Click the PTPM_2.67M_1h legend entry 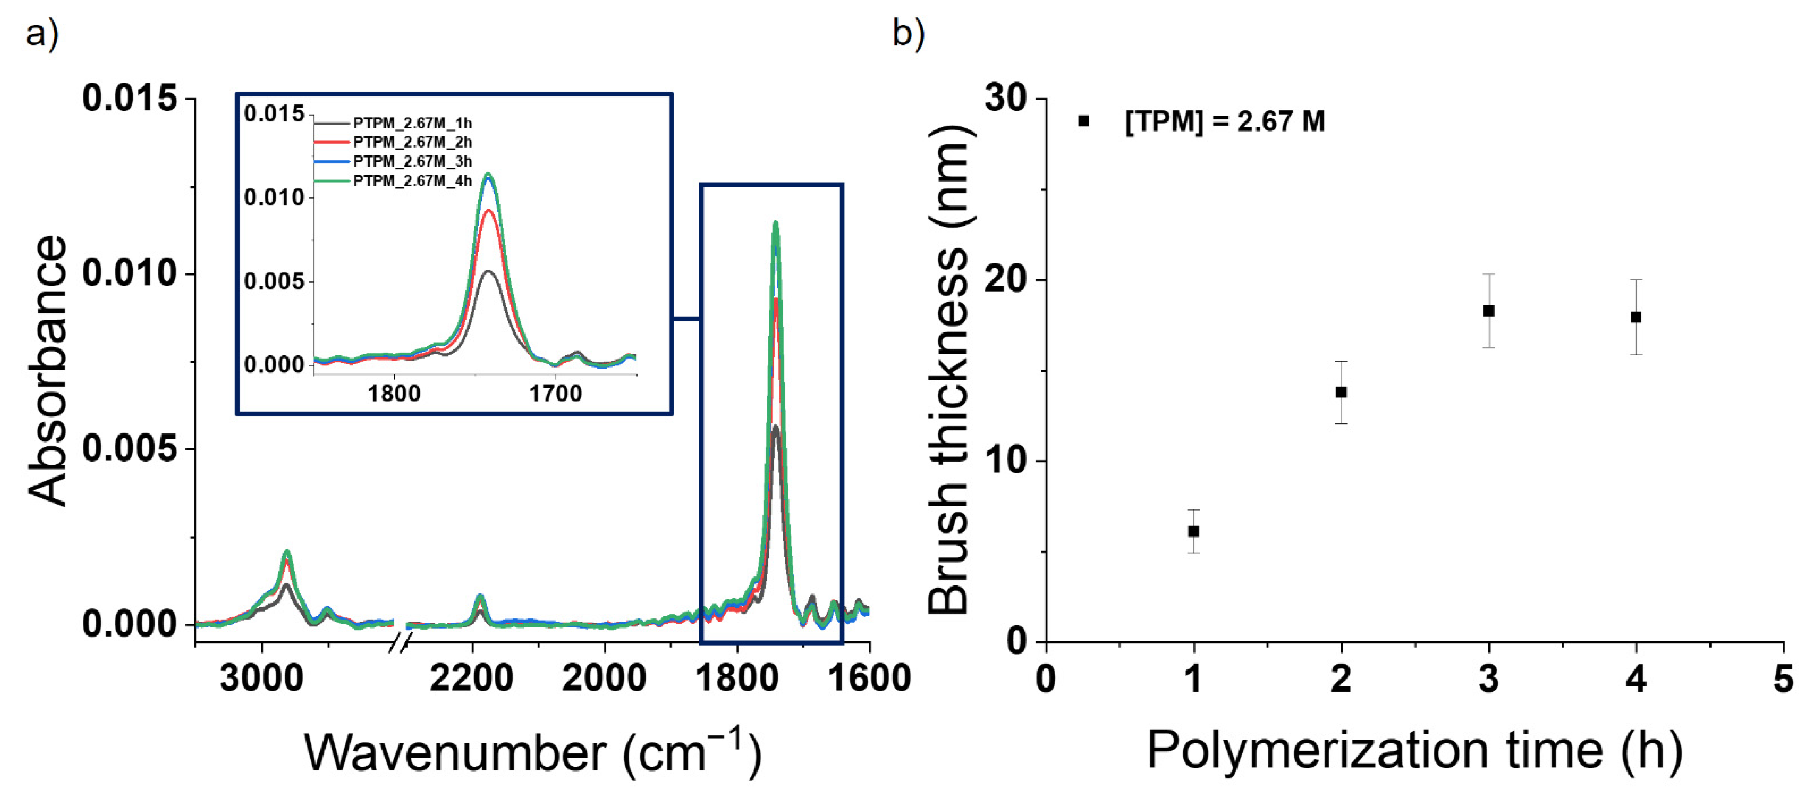click(412, 123)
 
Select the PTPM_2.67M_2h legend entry click(412, 142)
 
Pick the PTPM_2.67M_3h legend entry click(412, 162)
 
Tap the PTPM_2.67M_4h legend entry click(412, 181)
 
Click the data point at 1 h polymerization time click(1193, 531)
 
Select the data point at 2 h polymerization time click(1341, 392)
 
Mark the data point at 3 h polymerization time click(1489, 310)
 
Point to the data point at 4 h click(1636, 317)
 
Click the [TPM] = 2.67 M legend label click(1224, 122)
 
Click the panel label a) click(42, 33)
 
